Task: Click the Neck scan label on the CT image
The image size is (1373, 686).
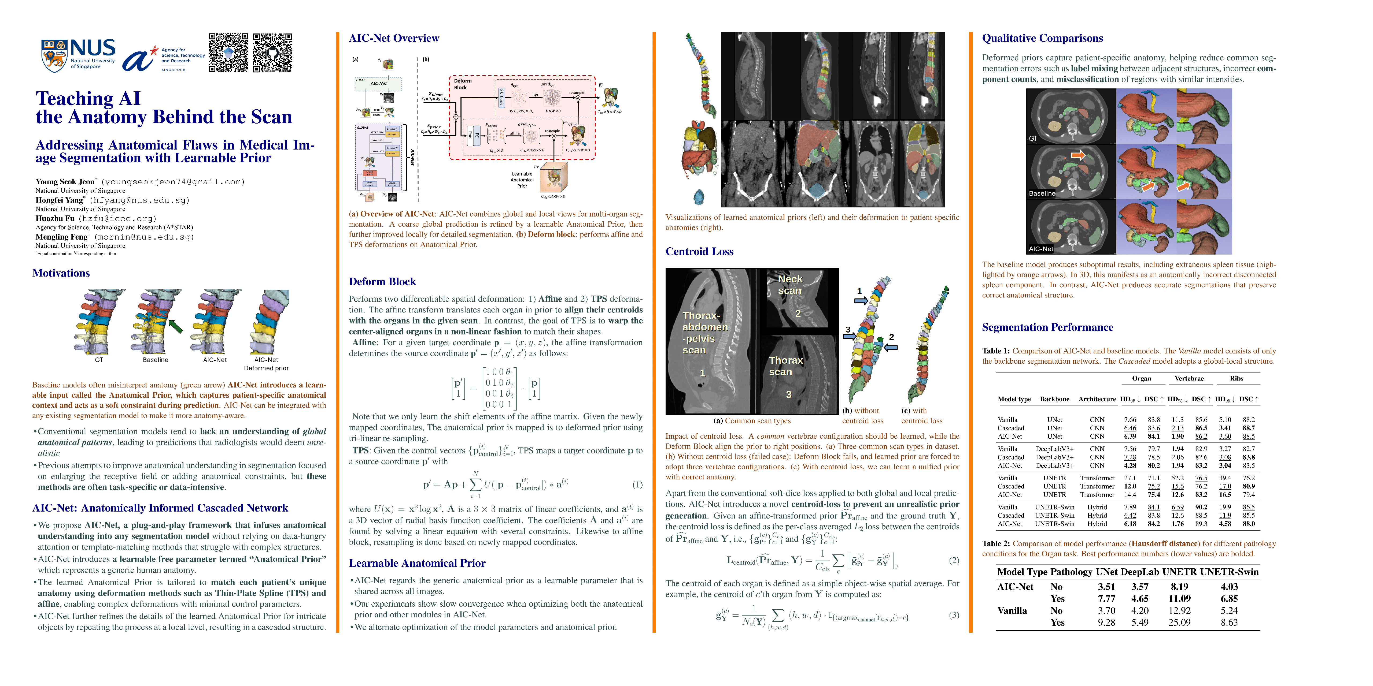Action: [x=790, y=284]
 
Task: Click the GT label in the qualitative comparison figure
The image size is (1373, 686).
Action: [x=1033, y=139]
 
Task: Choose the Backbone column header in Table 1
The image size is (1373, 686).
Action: [x=1054, y=399]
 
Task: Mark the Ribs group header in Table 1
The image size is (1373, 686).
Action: [x=1237, y=379]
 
